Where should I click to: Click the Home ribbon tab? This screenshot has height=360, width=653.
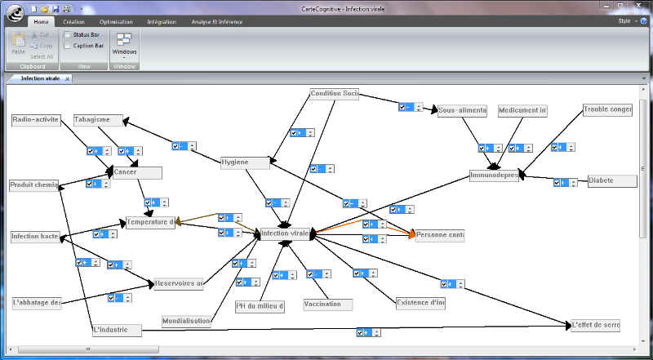(44, 22)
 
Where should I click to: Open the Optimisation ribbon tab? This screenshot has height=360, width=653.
(116, 22)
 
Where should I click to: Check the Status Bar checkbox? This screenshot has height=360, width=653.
(68, 35)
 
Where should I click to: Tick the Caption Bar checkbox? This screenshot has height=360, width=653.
(68, 46)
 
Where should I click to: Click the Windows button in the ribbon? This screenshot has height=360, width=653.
(125, 44)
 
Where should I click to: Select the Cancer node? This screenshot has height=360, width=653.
(137, 172)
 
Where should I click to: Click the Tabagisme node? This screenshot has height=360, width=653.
(98, 120)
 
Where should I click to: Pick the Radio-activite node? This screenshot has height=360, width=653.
(36, 120)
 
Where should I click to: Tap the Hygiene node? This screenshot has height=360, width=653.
(246, 162)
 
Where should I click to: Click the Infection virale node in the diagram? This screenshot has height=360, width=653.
(285, 234)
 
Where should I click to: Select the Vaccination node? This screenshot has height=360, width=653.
(327, 304)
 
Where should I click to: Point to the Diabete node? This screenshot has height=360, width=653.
(612, 181)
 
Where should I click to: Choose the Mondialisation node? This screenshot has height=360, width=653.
(186, 322)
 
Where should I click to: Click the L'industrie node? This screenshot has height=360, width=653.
(117, 330)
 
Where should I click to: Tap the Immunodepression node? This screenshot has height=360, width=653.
(494, 176)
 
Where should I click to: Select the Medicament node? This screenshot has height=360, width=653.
(522, 111)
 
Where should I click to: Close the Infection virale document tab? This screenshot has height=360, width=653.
(68, 78)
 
